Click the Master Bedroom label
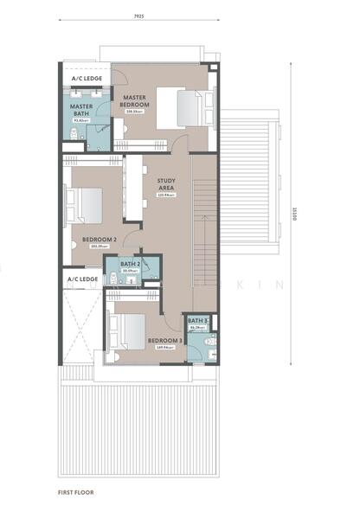point(135,101)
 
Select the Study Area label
point(166,186)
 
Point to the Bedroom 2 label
point(99,240)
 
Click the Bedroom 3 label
point(164,341)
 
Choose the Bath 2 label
point(130,264)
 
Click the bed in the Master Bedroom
point(193,110)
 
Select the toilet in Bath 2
point(114,278)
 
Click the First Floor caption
point(76,492)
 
